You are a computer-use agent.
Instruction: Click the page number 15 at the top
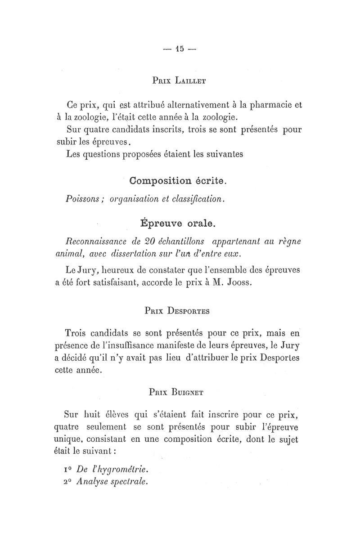[x=180, y=49]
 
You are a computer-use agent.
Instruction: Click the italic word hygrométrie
[x=119, y=469]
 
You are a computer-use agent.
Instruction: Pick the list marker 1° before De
[x=69, y=469]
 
